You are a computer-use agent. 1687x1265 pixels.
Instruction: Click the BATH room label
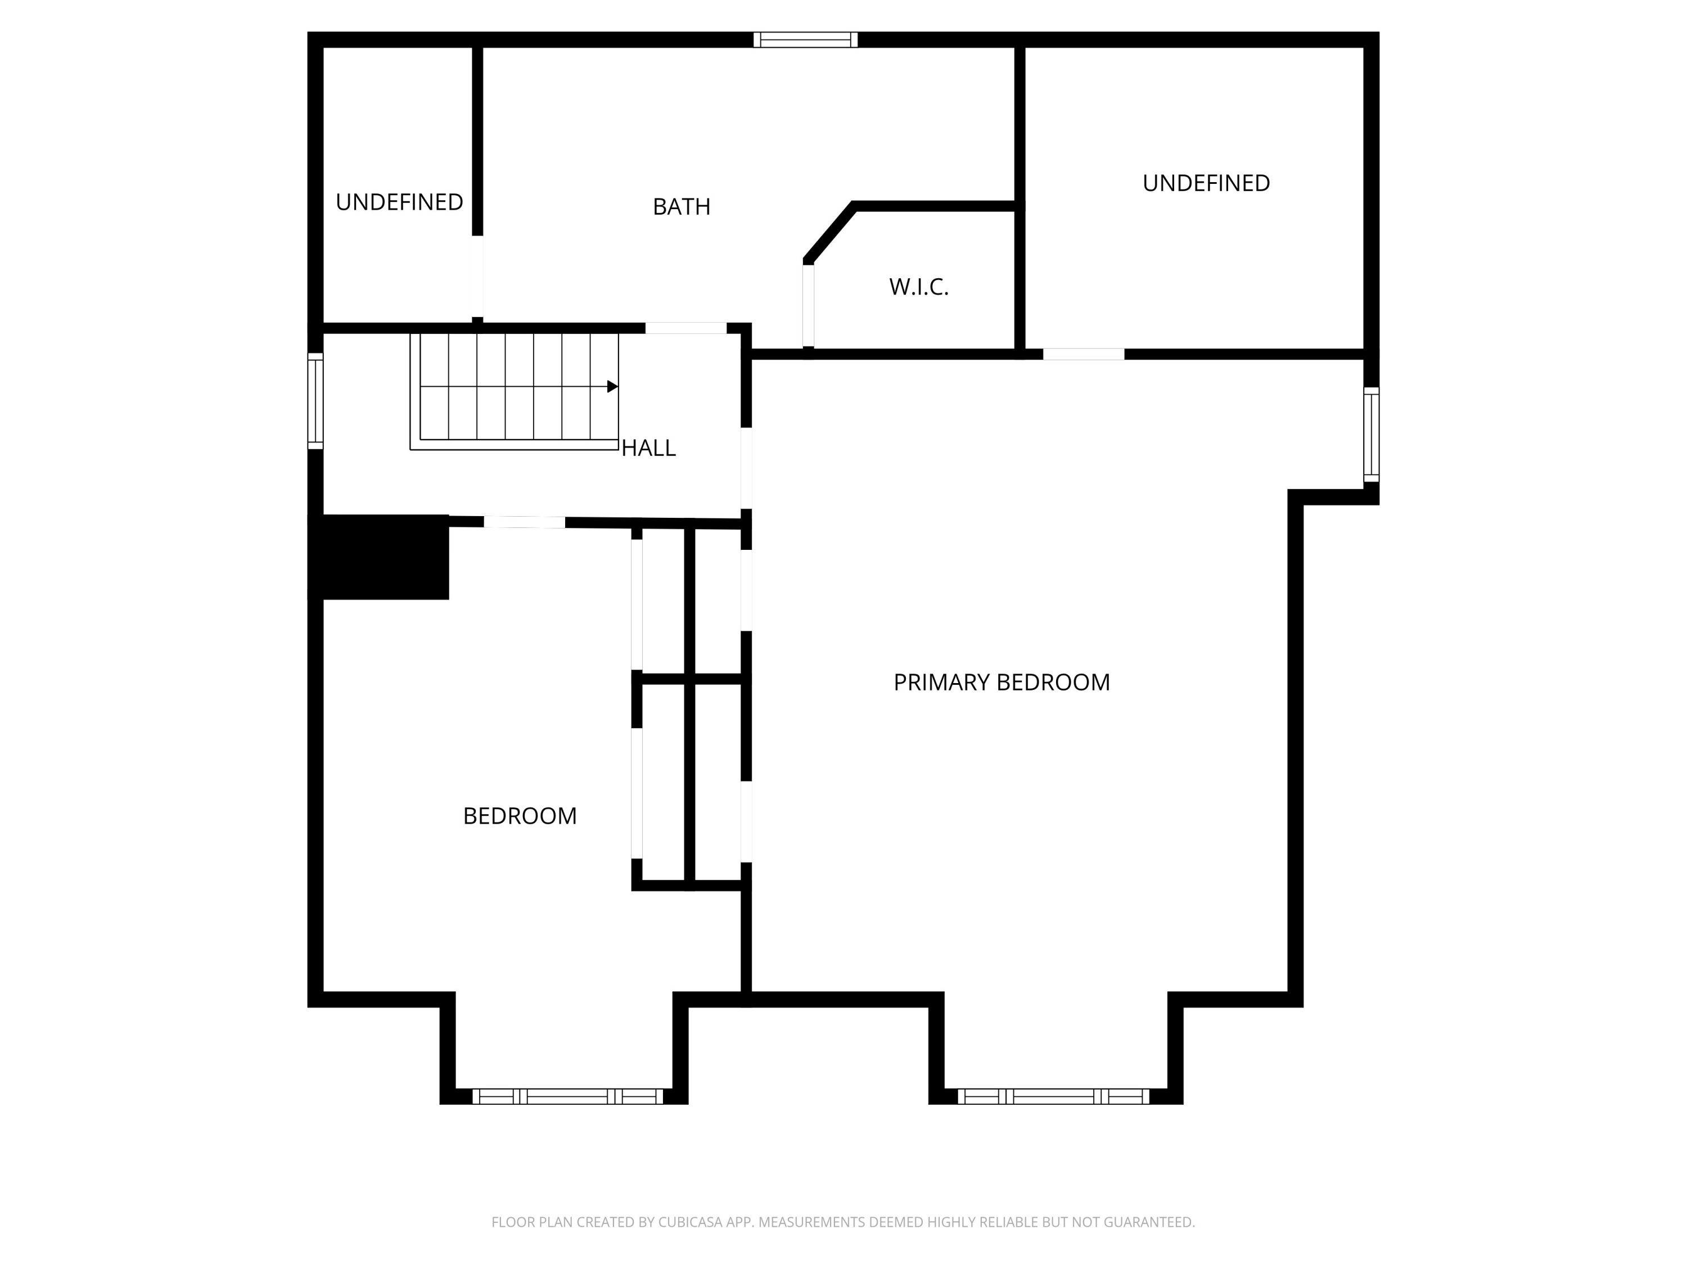click(681, 207)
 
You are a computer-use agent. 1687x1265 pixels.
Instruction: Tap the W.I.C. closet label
click(918, 287)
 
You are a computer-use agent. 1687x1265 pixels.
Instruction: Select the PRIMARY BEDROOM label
click(1002, 683)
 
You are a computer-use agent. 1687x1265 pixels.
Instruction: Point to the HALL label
click(648, 448)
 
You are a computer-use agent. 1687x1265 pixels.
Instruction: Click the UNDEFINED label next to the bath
click(399, 202)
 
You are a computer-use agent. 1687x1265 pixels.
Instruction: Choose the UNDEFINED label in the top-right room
click(1206, 183)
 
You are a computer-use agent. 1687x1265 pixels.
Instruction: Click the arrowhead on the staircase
click(612, 387)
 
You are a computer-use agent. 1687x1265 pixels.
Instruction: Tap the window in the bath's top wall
click(805, 40)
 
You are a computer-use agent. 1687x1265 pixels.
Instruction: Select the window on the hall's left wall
click(315, 401)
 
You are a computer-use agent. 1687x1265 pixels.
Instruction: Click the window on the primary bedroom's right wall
click(1372, 435)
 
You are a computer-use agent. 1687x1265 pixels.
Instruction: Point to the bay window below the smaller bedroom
click(567, 1096)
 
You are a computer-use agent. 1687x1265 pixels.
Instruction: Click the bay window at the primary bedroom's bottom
click(1053, 1096)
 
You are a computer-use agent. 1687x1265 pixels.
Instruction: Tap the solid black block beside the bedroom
click(378, 557)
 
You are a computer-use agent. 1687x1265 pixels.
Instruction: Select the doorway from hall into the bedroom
click(525, 522)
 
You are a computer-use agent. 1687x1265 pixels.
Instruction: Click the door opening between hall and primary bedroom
click(747, 468)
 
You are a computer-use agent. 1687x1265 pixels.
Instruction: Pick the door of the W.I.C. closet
click(809, 306)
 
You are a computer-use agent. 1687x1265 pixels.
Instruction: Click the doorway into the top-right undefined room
click(1084, 354)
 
